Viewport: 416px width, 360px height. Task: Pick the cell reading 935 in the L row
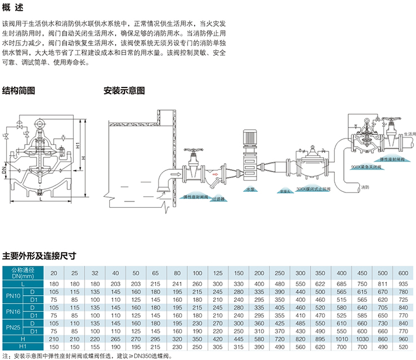402,283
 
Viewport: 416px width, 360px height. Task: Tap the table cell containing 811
382,283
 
